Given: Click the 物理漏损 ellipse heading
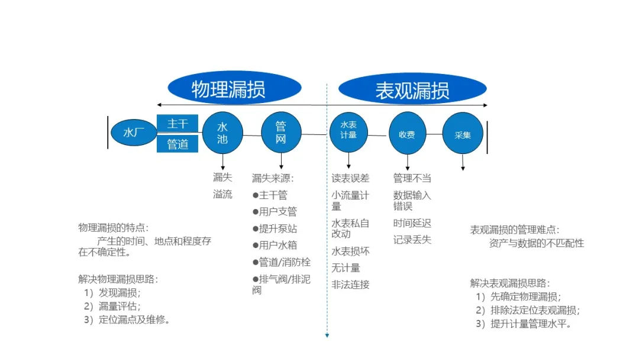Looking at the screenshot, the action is coord(234,88).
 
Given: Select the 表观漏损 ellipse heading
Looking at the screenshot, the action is coord(412,89).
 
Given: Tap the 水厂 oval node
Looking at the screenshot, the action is coord(134,133).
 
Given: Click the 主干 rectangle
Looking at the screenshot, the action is coord(177,124).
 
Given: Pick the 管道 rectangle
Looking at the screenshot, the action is coord(177,144).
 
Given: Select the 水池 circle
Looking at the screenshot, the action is coord(222,133).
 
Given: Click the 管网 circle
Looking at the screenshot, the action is coord(281,133).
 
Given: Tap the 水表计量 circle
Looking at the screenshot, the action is coord(348,133).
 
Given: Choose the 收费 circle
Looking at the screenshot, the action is coord(407,133).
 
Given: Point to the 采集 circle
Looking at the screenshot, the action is coord(463,133).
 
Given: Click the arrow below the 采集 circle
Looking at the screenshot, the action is coord(463,162).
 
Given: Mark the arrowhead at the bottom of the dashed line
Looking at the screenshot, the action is coord(327,336).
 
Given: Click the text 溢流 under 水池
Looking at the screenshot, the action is coord(222,194).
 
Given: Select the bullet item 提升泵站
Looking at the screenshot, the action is coord(275,229).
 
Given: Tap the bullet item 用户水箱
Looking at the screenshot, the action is coord(275,245).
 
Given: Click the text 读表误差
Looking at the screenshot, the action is coord(350,178).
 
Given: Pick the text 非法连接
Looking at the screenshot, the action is coord(350,285).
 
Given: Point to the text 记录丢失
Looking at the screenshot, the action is coord(412,240).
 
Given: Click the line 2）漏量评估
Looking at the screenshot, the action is coord(112,306).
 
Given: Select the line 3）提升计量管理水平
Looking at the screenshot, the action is coord(524,324).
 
